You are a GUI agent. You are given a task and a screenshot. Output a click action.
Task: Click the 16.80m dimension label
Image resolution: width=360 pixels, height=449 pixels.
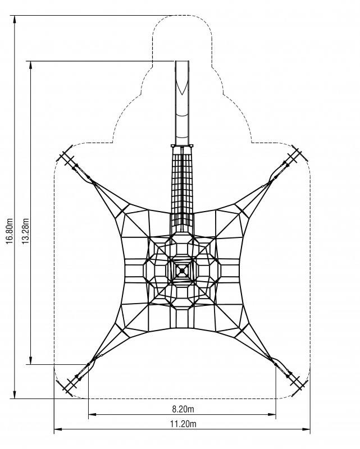[10, 231]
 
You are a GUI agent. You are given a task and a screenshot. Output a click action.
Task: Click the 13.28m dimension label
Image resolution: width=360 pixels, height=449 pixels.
[26, 231]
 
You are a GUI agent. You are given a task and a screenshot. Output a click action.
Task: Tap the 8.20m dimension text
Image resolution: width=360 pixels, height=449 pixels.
[183, 409]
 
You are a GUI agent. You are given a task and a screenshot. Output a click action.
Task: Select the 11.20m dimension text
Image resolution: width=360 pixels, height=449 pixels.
[183, 424]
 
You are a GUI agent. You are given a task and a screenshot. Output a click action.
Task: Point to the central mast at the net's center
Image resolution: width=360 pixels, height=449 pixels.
[182, 271]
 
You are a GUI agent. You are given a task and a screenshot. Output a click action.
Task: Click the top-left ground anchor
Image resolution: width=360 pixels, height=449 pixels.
[66, 157]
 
